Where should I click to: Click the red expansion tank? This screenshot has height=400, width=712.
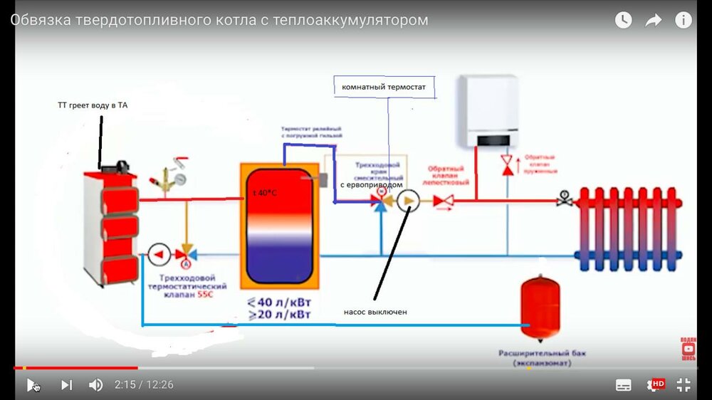(x=540, y=303)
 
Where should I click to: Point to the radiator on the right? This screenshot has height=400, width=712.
(x=628, y=228)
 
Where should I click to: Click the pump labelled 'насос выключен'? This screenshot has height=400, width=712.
(x=409, y=201)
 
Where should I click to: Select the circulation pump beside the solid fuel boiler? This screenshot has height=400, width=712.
(x=159, y=253)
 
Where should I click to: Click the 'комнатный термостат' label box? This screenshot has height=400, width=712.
(x=384, y=87)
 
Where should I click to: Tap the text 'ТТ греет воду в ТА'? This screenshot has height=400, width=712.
(x=93, y=105)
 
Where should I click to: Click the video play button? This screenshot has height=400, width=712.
(x=31, y=385)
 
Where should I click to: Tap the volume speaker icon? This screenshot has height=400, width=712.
(x=95, y=385)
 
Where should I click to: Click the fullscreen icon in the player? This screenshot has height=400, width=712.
(x=684, y=385)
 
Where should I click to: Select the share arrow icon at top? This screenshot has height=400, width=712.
(x=653, y=21)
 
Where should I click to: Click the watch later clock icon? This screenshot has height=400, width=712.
(x=623, y=21)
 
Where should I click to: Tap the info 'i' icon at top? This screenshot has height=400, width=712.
(x=683, y=21)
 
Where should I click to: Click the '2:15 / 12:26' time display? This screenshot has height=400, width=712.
(x=144, y=385)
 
